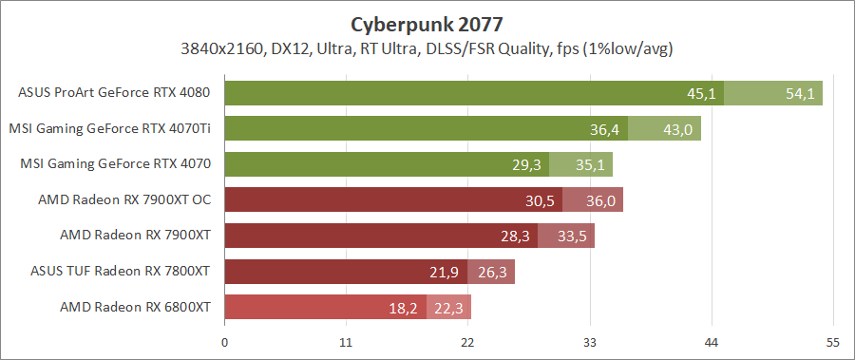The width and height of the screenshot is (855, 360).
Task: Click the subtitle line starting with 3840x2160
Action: (427, 47)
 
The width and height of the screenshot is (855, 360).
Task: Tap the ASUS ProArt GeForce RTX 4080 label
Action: (114, 93)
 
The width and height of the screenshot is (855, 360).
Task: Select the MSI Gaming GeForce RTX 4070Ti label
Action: (109, 128)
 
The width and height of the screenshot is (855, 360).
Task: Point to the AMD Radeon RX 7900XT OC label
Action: (123, 199)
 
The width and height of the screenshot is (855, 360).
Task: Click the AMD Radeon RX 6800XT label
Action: (135, 307)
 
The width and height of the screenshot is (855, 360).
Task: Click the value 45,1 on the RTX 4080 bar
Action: (701, 93)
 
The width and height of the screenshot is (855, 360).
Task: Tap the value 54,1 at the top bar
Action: (800, 93)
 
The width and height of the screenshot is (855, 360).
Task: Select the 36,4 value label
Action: (604, 129)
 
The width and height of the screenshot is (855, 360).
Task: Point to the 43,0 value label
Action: (677, 129)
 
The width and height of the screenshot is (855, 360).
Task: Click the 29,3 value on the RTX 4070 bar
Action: (526, 164)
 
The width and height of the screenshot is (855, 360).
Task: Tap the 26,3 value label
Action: (492, 272)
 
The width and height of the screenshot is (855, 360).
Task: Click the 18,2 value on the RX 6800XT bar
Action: (404, 308)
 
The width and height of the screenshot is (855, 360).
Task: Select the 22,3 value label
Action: (449, 308)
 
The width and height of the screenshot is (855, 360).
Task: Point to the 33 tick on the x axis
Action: (590, 343)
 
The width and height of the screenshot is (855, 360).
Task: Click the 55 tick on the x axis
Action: (833, 343)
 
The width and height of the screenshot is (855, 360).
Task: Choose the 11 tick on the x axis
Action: (346, 343)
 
